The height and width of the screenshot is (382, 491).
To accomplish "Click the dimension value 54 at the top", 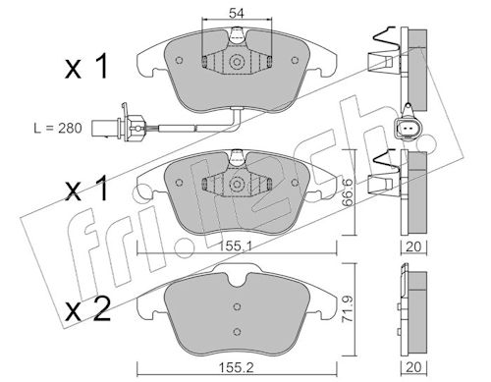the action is tap(237, 14).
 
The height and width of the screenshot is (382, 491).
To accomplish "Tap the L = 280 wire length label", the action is tap(58, 128).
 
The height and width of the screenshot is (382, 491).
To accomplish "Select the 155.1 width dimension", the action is tap(237, 246).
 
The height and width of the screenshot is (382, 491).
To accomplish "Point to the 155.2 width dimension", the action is tap(235, 367).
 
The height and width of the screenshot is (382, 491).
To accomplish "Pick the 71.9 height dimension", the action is tap(348, 309).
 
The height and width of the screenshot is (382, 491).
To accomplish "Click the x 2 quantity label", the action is tap(87, 309).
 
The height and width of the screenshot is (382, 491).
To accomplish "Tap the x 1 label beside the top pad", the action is tap(86, 67).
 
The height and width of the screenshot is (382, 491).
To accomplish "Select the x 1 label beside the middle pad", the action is tap(86, 189).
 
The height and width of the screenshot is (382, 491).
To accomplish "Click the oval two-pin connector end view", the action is tap(408, 128).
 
